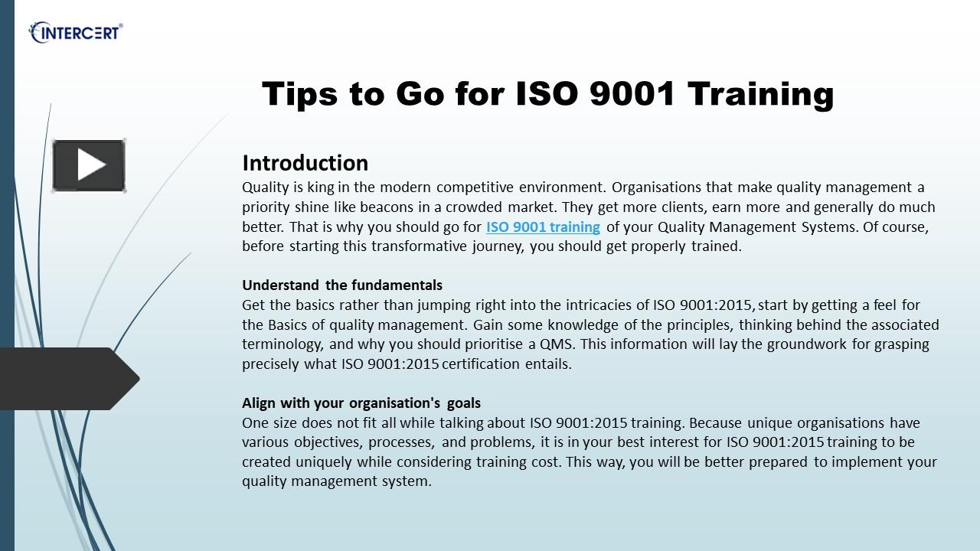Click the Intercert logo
pos(76,33)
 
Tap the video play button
pos(89,165)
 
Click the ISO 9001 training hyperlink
pos(543,227)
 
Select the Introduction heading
pos(305,163)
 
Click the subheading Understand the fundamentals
pos(342,285)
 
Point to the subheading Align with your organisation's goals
pos(361,403)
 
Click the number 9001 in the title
pos(633,94)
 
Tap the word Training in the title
pos(760,94)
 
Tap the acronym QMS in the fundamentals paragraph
pos(557,344)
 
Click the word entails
pos(548,364)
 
